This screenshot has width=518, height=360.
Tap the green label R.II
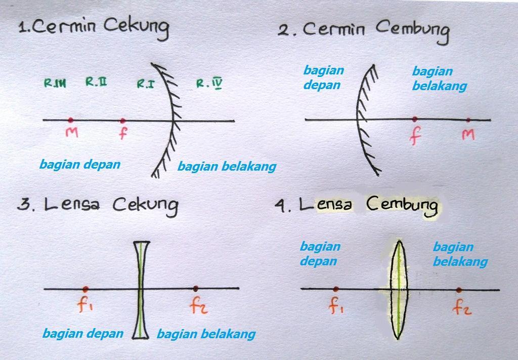point(96,82)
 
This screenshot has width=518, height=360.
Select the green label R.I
point(146,84)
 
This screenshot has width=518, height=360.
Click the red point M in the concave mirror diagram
point(70,120)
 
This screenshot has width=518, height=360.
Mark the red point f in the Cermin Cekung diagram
point(122,121)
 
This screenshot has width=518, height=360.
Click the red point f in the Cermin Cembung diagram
point(415,119)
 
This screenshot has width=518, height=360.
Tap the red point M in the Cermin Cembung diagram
point(468,120)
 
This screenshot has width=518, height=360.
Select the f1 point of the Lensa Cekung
point(85,289)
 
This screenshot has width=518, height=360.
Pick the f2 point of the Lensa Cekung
point(196,289)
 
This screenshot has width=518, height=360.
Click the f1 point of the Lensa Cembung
point(336,289)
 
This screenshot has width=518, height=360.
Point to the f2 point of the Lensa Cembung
point(459,290)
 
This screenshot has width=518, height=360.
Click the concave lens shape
point(140,289)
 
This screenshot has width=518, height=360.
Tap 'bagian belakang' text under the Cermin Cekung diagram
point(227,166)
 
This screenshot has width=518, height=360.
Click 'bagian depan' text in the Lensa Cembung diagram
point(320,254)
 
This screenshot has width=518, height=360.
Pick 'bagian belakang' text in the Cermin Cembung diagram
point(439,78)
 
